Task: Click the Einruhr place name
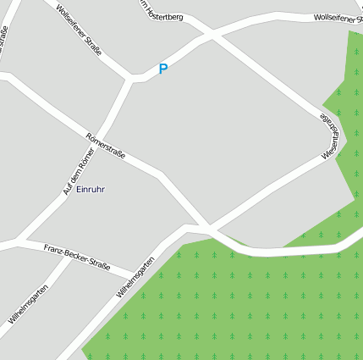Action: point(91,189)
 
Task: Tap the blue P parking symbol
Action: point(162,69)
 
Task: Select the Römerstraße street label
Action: point(106,145)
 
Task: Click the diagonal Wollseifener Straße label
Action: point(78,30)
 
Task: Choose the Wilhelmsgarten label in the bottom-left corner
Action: point(28,305)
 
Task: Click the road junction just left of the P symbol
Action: point(133,79)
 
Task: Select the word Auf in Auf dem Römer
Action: point(66,189)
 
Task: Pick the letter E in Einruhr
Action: point(79,189)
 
